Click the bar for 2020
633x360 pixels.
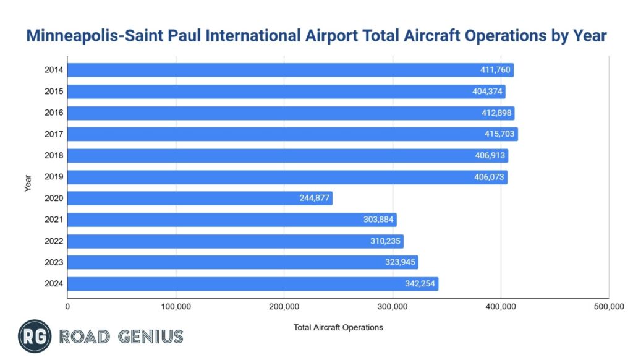[200, 199]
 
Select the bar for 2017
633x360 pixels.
[292, 134]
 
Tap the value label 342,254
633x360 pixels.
[417, 284]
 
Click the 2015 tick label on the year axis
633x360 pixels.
[53, 92]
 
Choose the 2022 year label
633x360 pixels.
[53, 241]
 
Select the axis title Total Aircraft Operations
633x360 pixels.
[338, 327]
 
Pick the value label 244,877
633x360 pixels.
[312, 199]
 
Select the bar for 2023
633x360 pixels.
[242, 262]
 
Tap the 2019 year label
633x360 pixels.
[53, 177]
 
